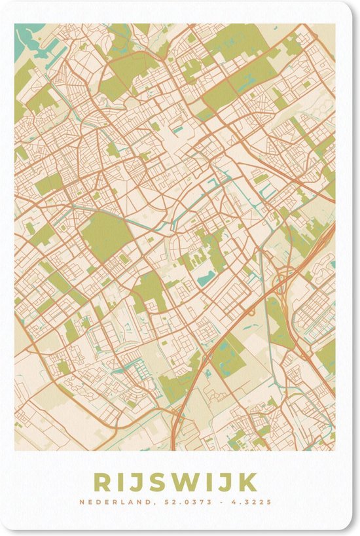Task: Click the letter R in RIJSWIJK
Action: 103,482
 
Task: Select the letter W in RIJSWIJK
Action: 183,482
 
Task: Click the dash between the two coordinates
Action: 217,503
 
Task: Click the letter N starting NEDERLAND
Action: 81,503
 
